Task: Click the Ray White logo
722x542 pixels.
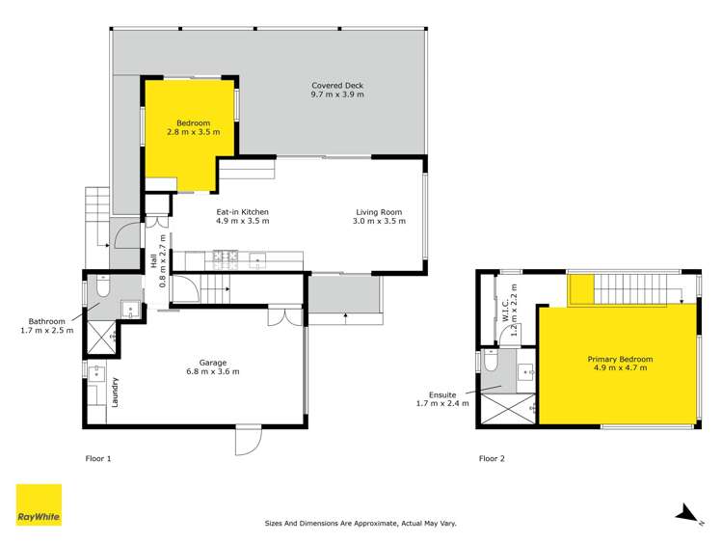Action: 39,505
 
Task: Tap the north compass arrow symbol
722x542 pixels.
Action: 685,513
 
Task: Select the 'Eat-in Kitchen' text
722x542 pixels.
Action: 242,216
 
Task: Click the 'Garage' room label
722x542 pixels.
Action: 212,366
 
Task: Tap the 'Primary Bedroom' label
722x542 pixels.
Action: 620,365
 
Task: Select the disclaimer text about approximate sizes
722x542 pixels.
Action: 360,524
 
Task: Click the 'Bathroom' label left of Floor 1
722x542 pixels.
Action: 46,326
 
